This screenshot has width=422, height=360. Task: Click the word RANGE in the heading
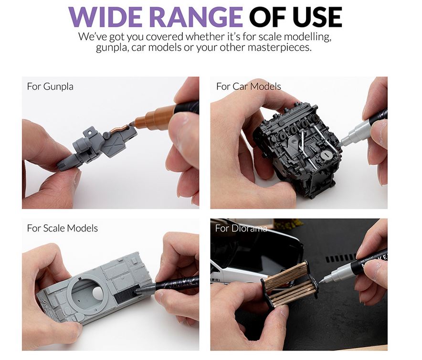pyautogui.click(x=195, y=17)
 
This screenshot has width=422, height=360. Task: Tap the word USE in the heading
pyautogui.click(x=317, y=17)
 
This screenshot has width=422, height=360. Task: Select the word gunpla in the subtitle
pyautogui.click(x=113, y=48)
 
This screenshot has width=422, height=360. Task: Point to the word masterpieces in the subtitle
pyautogui.click(x=279, y=48)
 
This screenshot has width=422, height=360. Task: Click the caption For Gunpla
pyautogui.click(x=50, y=86)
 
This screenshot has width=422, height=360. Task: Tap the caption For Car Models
pyautogui.click(x=248, y=86)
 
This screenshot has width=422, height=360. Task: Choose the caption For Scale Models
pyautogui.click(x=62, y=228)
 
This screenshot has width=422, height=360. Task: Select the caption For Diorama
pyautogui.click(x=241, y=228)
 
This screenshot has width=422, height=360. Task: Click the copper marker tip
pyautogui.click(x=132, y=124)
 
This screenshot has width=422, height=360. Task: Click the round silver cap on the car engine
pyautogui.click(x=326, y=155)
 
